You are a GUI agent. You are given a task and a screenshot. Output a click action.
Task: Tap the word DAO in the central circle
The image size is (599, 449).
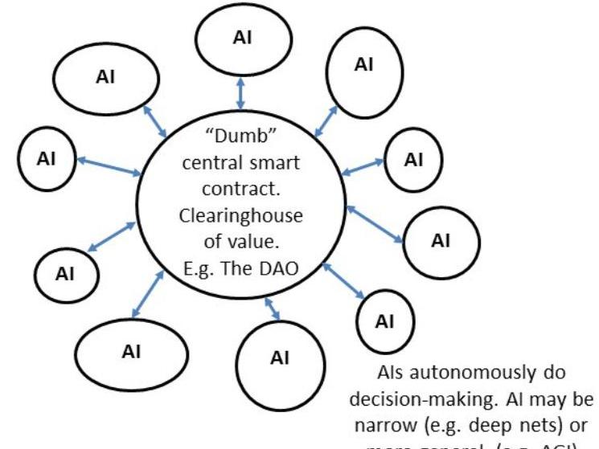click(278, 267)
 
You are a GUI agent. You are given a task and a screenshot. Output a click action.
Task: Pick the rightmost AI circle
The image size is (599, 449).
click(441, 241)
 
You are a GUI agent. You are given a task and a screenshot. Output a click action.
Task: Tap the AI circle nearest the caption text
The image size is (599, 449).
click(385, 321)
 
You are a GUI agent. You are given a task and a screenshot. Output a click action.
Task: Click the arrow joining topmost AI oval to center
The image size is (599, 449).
click(241, 95)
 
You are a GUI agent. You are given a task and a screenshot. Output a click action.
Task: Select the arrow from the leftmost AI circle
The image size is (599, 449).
click(109, 165)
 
